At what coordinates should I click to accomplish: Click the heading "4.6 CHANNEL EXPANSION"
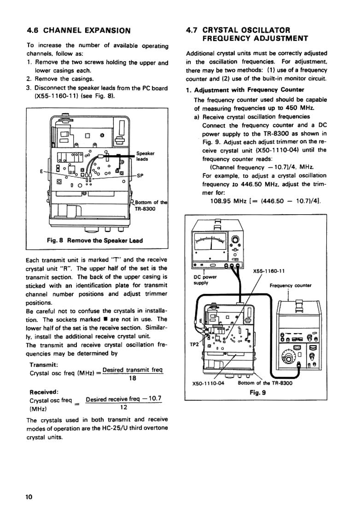pos(79,31)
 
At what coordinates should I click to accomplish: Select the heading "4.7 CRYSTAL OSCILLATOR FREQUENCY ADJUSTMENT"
pos(247,34)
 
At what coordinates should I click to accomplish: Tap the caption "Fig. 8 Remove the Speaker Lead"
pos(95,241)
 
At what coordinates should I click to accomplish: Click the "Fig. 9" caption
pos(255,393)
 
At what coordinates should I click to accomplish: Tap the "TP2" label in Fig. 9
pos(195,344)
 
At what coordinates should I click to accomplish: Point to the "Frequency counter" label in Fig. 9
pos(290,285)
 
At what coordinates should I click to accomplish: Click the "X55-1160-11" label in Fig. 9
pos(268,271)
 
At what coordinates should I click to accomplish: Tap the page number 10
pos(29,497)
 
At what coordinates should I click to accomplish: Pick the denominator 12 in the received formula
pos(122,407)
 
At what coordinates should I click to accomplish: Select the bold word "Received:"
pos(43,392)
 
